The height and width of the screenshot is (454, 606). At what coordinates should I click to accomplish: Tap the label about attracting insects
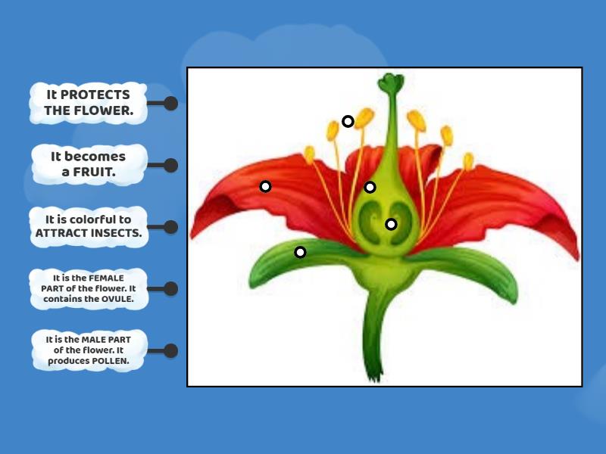point(88,226)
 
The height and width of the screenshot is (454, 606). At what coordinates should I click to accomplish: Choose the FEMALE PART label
point(88,288)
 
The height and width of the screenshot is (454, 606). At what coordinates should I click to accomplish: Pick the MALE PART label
point(88,350)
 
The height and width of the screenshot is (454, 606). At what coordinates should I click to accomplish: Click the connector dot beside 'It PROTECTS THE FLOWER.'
point(170,104)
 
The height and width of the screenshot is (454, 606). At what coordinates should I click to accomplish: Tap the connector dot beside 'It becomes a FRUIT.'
point(170,165)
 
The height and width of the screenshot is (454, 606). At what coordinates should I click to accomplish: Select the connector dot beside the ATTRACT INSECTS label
point(170,227)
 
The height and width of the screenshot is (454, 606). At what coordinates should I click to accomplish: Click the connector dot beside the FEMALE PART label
point(170,288)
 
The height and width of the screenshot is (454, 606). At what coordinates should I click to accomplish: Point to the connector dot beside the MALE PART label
point(170,350)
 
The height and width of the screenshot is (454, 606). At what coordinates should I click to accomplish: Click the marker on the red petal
point(265,186)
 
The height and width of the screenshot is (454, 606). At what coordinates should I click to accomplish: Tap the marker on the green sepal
point(300,252)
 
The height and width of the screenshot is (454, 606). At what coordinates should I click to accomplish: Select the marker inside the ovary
point(391,224)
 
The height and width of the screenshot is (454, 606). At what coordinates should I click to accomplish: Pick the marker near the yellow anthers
point(348,121)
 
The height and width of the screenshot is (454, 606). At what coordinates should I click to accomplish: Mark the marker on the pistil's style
point(370,187)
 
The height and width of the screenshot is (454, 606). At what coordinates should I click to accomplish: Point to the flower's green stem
point(374,333)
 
